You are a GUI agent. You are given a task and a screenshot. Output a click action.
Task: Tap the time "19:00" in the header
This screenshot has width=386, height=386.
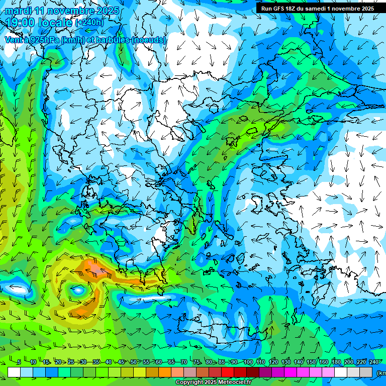tap(23, 22)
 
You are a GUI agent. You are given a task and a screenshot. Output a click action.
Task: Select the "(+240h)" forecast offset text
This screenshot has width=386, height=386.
tap(89, 22)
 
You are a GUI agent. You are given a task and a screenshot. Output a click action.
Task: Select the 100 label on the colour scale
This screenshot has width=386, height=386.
tap(248, 362)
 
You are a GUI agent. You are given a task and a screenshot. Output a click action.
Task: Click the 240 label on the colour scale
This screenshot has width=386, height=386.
tap(373, 362)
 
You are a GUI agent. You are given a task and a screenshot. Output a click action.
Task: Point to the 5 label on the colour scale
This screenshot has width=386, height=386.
tap(19, 362)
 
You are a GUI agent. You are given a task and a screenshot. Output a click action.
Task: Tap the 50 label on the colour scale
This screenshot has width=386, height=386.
tap(133, 362)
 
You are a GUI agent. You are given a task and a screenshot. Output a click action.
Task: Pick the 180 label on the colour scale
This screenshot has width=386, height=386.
tap(336, 362)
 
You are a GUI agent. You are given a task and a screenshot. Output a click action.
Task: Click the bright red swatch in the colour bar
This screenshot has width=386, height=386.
tap(228, 372)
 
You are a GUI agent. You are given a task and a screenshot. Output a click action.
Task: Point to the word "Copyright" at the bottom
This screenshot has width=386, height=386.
tap(189, 382)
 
